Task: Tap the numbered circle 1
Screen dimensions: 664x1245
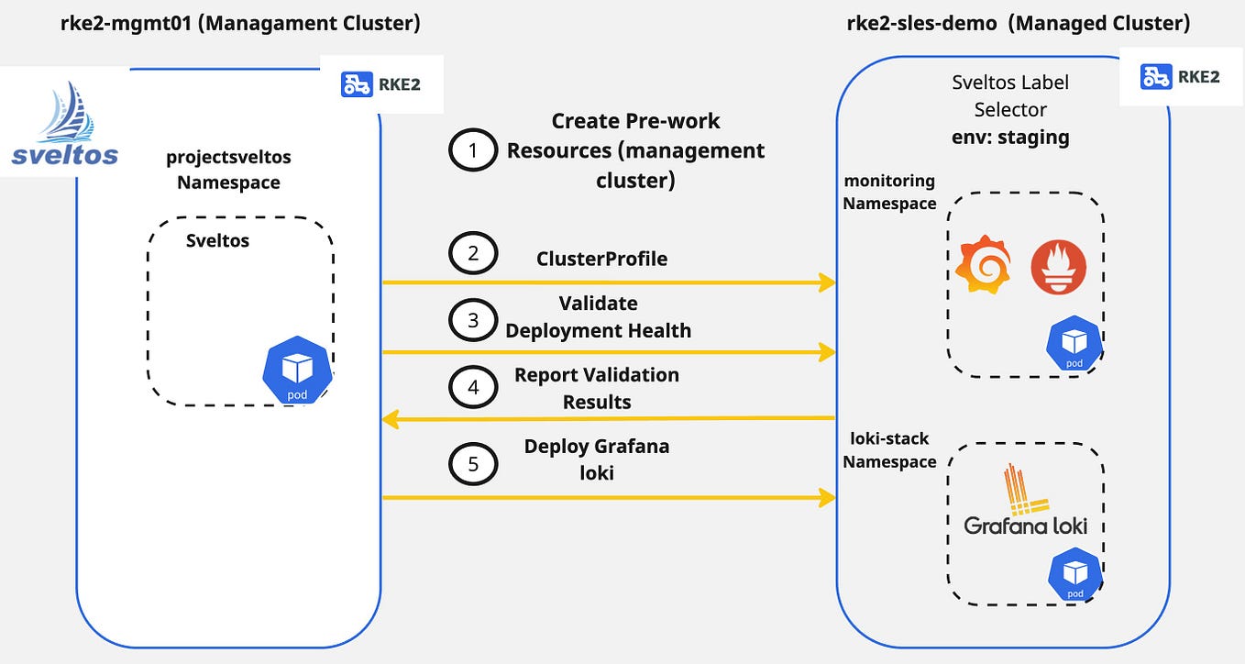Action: (x=473, y=150)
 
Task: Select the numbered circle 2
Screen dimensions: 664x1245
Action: (x=473, y=254)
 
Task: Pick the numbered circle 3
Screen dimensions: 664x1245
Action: (x=473, y=320)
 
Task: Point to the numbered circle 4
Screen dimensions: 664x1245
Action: (x=473, y=388)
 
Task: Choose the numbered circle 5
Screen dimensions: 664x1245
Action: (x=473, y=464)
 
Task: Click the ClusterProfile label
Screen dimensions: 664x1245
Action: (x=601, y=259)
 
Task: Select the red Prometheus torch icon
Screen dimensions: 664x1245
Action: (x=1058, y=267)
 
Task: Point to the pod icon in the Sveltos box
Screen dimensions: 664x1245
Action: (x=297, y=370)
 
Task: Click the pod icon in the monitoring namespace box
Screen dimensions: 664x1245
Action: (x=1074, y=343)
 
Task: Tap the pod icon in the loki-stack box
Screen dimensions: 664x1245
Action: (x=1074, y=573)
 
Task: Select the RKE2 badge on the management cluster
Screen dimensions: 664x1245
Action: (x=380, y=84)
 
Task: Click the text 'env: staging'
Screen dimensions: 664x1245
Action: (x=1009, y=138)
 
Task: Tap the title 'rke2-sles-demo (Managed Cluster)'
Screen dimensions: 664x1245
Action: (x=1019, y=24)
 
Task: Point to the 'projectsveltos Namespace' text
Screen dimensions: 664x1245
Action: (x=228, y=170)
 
